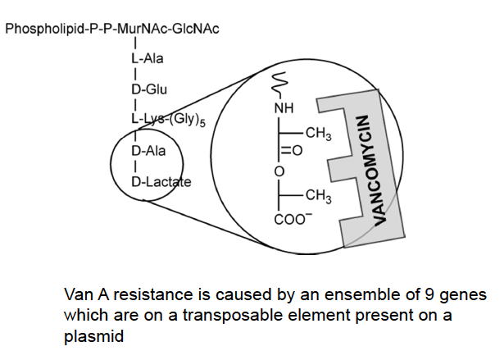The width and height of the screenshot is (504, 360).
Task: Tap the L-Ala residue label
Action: [146, 59]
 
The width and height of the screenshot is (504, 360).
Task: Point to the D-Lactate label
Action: [161, 180]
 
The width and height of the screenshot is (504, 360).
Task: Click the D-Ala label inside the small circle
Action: [148, 151]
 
